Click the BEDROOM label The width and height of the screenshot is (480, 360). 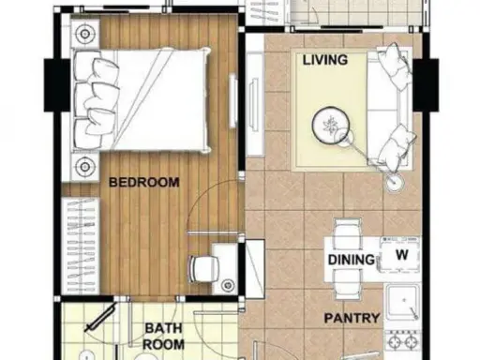(144, 182)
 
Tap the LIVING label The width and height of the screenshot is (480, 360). (325, 60)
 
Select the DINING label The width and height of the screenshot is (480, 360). (352, 260)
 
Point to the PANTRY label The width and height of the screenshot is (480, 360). (352, 318)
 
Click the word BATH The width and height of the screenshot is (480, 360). (163, 328)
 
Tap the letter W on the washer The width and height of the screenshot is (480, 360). (402, 255)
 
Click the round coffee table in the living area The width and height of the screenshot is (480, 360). (331, 126)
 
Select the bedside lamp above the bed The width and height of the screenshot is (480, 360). (84, 34)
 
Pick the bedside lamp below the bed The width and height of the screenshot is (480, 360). (83, 167)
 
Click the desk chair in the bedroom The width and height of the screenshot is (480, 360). (204, 269)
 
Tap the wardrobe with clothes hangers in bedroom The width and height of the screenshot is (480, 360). (81, 246)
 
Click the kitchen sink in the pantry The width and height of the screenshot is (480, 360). (403, 303)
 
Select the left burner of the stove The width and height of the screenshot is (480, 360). (395, 342)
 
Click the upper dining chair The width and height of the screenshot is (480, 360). (348, 232)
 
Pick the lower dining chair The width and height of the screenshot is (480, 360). (348, 285)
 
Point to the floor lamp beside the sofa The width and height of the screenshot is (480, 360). (395, 182)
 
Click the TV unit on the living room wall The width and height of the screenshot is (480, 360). (254, 104)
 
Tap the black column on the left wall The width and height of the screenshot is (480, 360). (56, 85)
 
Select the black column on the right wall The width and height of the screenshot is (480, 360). (426, 84)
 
